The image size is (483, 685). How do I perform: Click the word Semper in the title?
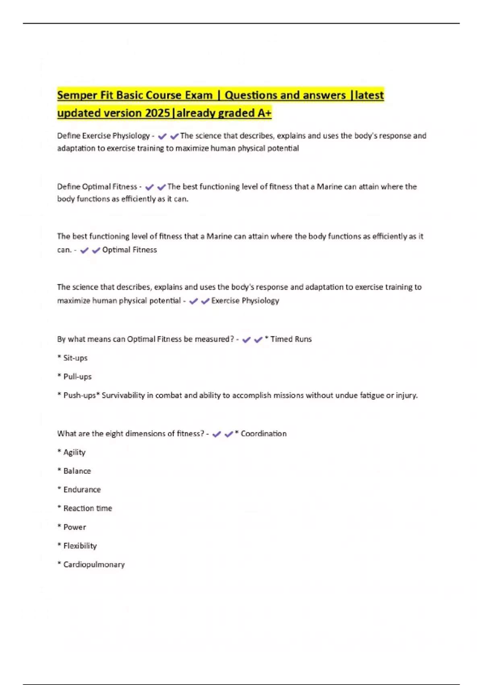click(77, 95)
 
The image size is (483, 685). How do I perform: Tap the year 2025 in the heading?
click(157, 113)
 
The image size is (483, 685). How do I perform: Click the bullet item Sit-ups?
click(75, 358)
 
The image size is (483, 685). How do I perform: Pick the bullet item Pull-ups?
click(77, 377)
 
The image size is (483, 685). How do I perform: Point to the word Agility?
click(74, 453)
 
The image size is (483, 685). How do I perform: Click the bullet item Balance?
click(77, 471)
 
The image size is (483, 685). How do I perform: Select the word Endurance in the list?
click(82, 490)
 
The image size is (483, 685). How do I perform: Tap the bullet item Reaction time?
click(88, 509)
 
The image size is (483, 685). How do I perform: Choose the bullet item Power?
click(75, 527)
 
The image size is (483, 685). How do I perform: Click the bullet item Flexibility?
click(80, 546)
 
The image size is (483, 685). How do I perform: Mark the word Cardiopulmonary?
click(94, 565)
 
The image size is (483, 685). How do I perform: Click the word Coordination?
click(264, 434)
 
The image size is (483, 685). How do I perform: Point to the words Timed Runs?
click(291, 339)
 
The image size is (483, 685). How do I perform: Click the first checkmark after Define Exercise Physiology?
click(162, 137)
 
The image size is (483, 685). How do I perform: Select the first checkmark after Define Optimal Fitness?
click(149, 187)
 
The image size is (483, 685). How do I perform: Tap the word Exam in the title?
click(198, 95)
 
